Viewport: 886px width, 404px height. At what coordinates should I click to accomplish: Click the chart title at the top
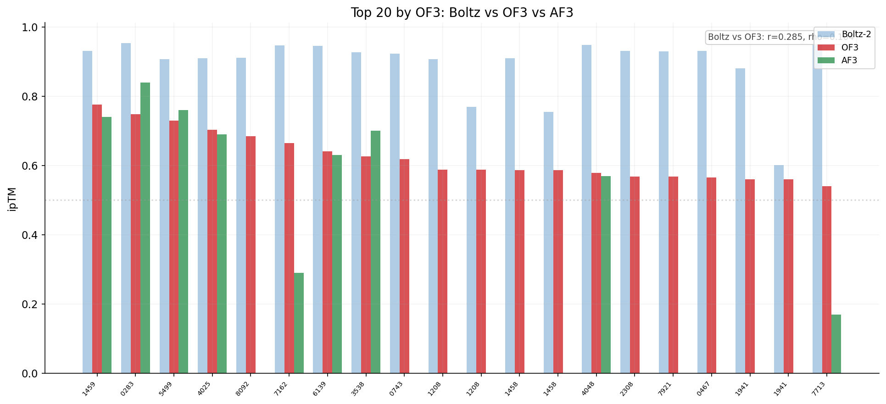462,13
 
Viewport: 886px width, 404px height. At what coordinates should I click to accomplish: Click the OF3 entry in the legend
850,47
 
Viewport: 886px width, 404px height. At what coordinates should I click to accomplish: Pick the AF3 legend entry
849,60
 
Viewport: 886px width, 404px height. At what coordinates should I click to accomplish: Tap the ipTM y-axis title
12,199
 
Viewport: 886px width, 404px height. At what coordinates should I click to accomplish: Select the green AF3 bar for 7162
299,323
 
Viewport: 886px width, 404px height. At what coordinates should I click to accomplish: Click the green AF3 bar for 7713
836,344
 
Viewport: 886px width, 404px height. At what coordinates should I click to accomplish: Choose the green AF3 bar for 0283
145,228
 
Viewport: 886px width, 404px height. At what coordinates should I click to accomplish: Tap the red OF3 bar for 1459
97,239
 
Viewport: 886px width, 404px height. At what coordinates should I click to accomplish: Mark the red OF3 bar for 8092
251,255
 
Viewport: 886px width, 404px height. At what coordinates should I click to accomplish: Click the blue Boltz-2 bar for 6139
318,210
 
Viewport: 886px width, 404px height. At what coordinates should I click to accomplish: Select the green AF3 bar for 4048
606,275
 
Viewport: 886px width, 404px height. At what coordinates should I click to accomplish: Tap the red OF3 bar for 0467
711,275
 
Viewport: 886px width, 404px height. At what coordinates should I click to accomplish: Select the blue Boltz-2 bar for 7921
663,212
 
